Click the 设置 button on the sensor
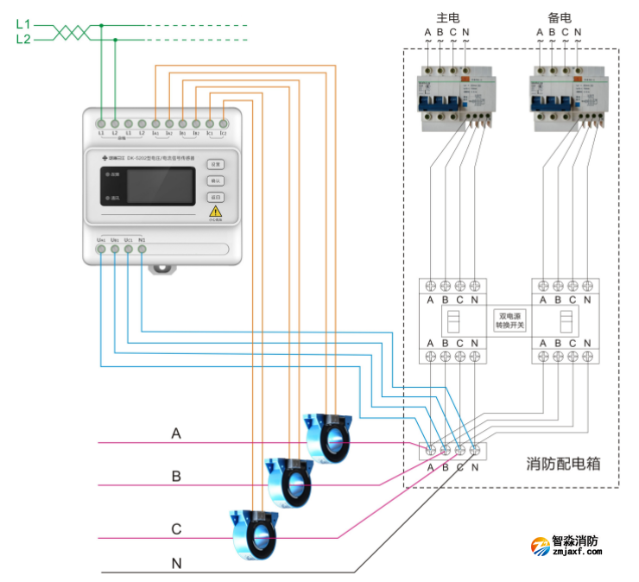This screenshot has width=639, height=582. click(216, 164)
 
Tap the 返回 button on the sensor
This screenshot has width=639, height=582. click(216, 197)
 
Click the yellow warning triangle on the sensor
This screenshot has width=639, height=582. click(216, 212)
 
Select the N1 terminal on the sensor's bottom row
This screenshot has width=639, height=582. click(142, 249)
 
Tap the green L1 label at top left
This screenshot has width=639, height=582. click(23, 25)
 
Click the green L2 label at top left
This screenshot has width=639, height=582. click(23, 40)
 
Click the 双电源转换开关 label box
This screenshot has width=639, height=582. click(509, 321)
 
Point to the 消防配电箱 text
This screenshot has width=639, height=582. click(562, 464)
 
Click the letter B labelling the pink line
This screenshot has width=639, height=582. click(176, 476)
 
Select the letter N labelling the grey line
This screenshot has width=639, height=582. click(176, 563)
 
